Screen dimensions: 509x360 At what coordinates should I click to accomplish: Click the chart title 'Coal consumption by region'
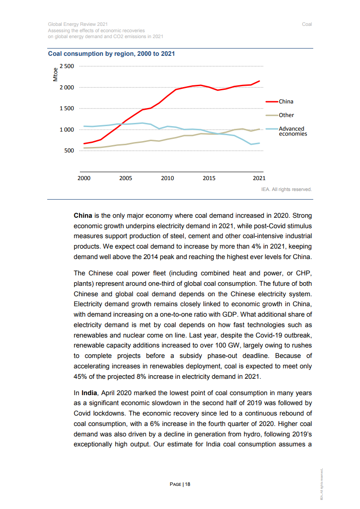click(112, 54)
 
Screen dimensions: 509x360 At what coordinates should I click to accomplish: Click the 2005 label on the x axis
click(126, 178)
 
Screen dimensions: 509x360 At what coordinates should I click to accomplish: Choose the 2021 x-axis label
click(259, 178)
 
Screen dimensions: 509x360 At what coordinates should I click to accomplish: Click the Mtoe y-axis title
click(55, 74)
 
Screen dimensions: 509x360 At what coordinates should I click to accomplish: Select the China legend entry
click(286, 102)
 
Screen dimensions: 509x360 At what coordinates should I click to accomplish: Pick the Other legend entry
click(286, 115)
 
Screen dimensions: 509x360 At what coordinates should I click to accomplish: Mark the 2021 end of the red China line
click(259, 81)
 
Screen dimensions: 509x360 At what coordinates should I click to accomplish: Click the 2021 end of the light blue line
click(259, 143)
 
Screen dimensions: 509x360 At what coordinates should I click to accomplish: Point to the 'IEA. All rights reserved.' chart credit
click(286, 190)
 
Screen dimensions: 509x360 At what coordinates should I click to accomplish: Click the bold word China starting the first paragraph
click(83, 215)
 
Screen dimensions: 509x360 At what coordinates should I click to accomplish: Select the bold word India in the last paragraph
click(89, 392)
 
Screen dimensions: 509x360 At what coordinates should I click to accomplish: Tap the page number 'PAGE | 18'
click(180, 485)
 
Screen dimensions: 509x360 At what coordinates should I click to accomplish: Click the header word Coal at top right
click(307, 24)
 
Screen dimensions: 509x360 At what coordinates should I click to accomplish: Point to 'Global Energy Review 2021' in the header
click(78, 24)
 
